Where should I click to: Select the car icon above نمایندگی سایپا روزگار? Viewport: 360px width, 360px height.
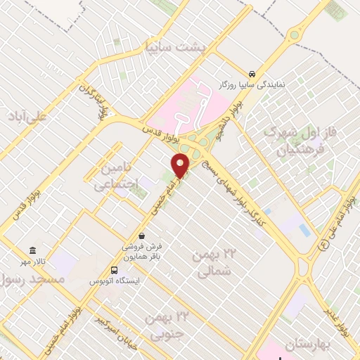[x=252, y=74]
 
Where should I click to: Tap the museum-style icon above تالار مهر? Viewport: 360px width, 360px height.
[x=32, y=250]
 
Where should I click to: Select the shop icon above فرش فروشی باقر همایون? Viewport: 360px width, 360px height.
[x=142, y=236]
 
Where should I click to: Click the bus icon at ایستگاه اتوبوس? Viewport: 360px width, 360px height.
[x=114, y=269]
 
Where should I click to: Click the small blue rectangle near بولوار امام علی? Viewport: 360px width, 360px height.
[x=304, y=230]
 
